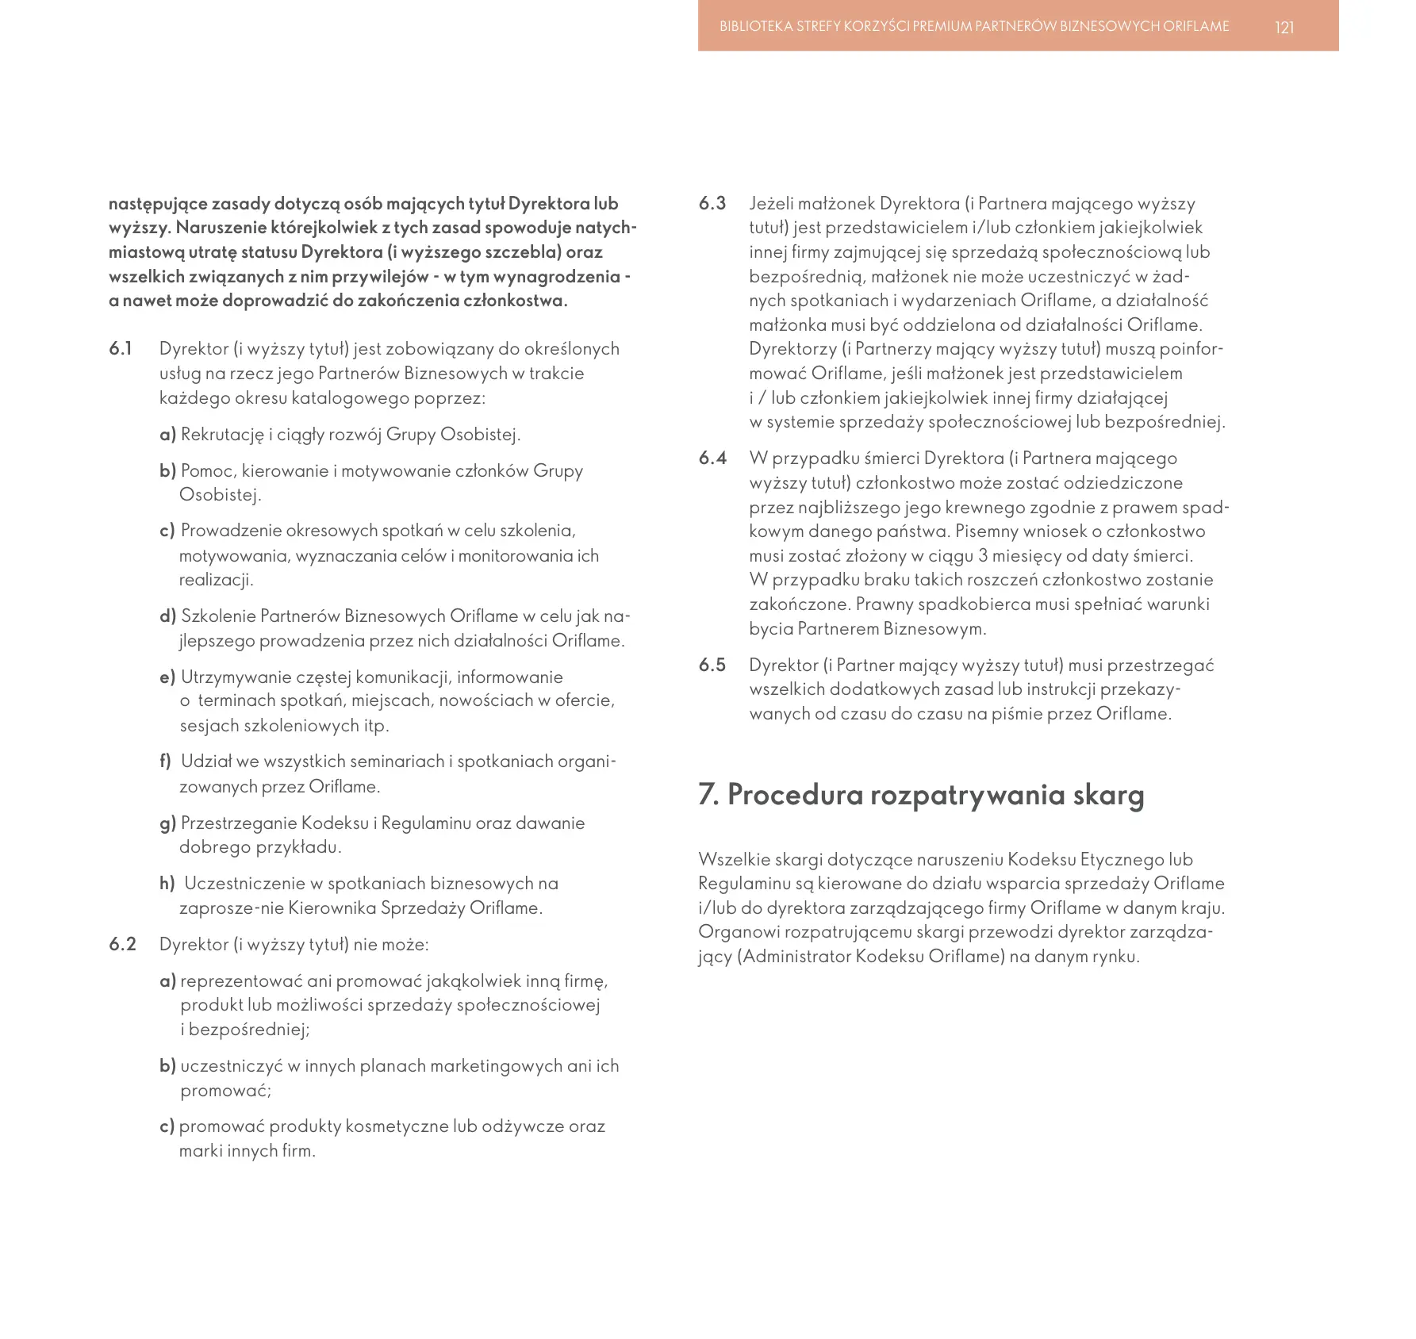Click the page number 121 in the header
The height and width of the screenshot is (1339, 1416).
point(1284,28)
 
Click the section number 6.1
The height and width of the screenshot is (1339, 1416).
point(121,349)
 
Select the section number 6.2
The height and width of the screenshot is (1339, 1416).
point(122,945)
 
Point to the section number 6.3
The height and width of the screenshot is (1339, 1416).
point(712,204)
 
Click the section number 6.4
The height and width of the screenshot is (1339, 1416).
point(712,458)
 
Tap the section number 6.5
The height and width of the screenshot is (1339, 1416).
point(712,666)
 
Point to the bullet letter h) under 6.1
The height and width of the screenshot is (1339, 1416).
point(167,884)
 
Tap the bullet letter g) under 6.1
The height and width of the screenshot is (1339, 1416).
point(167,823)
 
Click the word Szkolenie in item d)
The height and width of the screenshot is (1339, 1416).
point(217,616)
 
